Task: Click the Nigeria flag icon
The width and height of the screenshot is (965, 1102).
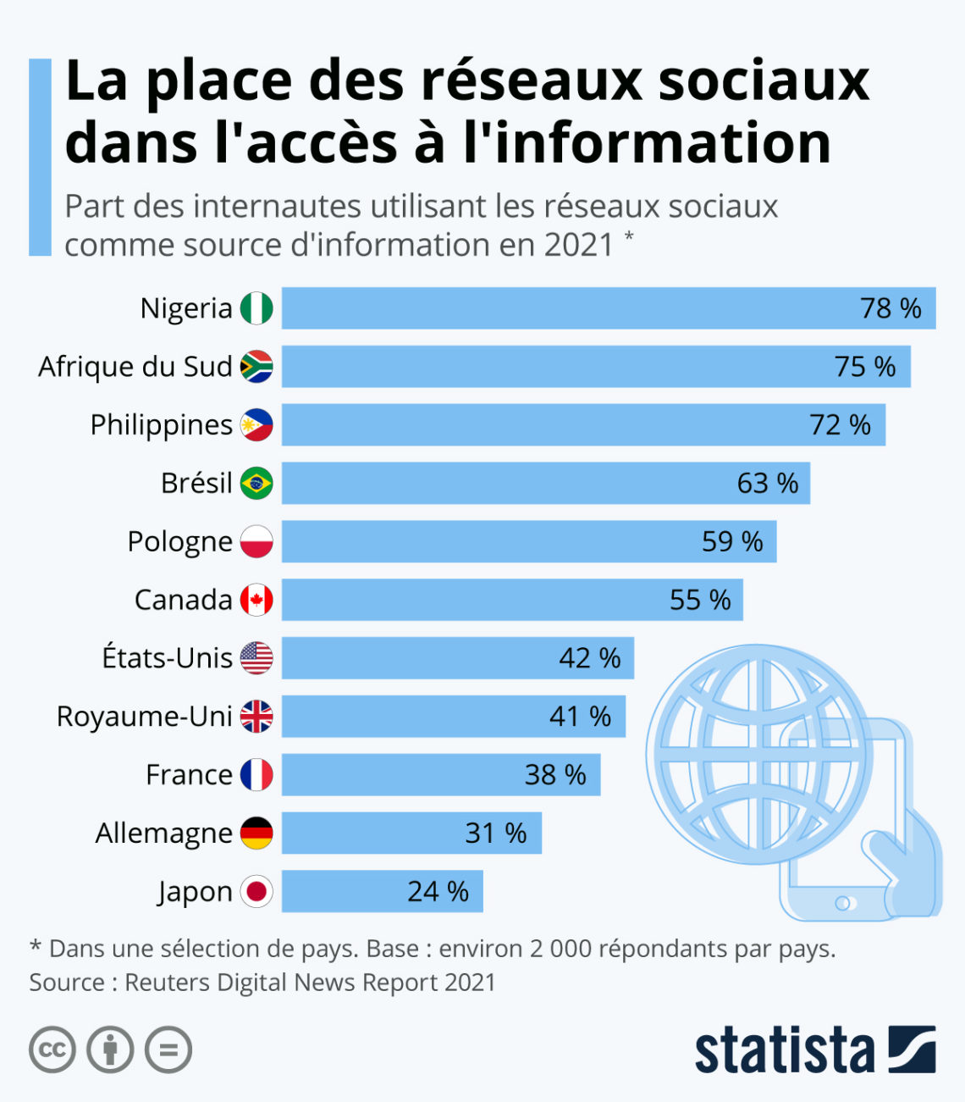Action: (256, 308)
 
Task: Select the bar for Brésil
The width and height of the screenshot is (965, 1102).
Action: (545, 483)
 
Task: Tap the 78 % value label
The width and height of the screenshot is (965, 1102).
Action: (891, 308)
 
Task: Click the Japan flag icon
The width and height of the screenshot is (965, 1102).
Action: (256, 891)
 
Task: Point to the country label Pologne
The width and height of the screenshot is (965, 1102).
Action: (179, 541)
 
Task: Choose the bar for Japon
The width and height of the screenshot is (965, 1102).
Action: (382, 891)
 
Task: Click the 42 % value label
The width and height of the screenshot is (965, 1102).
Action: (589, 658)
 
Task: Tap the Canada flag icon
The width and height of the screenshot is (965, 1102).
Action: (256, 600)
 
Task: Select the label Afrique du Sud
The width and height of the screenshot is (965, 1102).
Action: (135, 367)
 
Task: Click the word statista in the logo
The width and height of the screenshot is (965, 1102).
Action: (784, 1050)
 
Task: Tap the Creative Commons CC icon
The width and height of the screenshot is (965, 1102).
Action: (52, 1050)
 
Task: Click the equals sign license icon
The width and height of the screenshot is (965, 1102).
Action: (168, 1050)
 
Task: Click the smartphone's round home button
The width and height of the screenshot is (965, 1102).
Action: (842, 903)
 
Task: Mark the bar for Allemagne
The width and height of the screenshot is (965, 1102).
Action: (411, 833)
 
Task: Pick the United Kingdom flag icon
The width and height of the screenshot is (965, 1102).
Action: (256, 717)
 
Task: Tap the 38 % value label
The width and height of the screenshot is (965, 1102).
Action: (555, 775)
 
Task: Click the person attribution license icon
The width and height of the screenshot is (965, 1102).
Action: (111, 1050)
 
